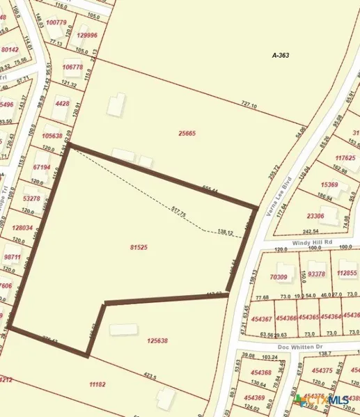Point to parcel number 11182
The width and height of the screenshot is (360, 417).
pyautogui.click(x=97, y=384)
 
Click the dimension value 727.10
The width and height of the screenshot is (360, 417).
pyautogui.click(x=249, y=106)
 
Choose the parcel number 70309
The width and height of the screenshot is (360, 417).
pyautogui.click(x=279, y=277)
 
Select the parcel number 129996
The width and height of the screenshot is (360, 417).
pyautogui.click(x=87, y=35)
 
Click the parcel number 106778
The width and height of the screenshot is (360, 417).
pyautogui.click(x=72, y=67)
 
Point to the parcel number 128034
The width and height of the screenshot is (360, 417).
pyautogui.click(x=22, y=228)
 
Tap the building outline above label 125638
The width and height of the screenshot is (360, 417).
pyautogui.click(x=123, y=328)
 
